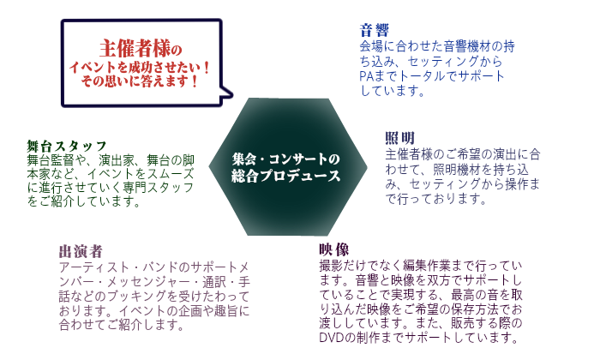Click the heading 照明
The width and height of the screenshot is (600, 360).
coord(399,138)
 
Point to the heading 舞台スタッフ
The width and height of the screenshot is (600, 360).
coord(67,146)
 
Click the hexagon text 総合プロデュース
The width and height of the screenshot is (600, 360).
coord(286,176)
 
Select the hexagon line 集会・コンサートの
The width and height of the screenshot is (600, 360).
coord(286,159)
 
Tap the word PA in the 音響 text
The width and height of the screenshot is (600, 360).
coord(367,76)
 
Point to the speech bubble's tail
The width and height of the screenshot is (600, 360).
coord(225,93)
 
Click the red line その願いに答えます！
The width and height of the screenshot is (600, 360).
coord(141,81)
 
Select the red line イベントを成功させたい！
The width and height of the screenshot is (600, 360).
coord(141,66)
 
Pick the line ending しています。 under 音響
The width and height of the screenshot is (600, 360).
coord(393,91)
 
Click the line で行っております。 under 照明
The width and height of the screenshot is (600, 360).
coord(436,199)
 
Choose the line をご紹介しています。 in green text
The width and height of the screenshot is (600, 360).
coord(85,202)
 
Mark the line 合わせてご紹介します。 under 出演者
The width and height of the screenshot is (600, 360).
coord(122,326)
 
